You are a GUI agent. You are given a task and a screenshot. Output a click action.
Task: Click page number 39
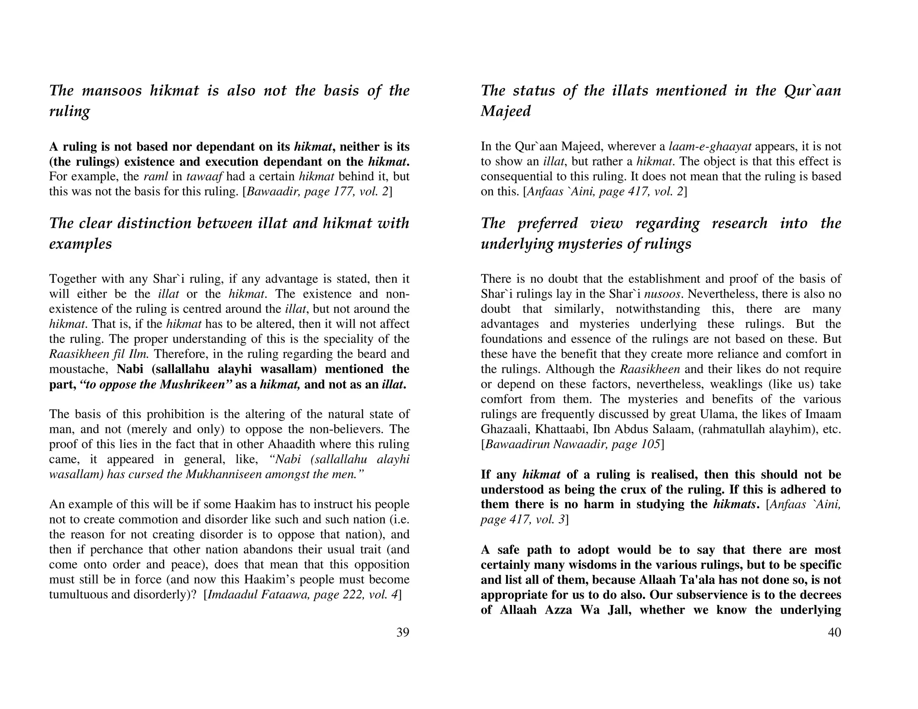click(403, 632)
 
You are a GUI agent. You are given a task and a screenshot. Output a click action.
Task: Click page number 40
click(834, 632)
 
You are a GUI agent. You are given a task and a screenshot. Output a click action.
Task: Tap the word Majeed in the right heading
click(506, 111)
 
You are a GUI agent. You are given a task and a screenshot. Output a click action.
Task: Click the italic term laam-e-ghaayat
click(710, 146)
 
